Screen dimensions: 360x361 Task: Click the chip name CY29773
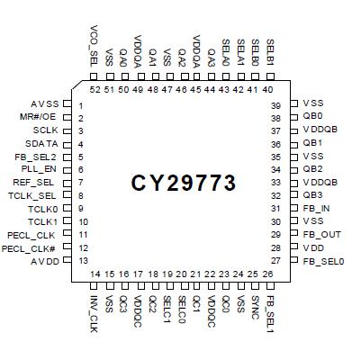[x=184, y=184]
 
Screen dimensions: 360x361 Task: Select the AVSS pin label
[x=44, y=105]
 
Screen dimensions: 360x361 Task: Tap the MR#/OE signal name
[x=39, y=118]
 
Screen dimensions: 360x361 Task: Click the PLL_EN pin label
[x=40, y=169]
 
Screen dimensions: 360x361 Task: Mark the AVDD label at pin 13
[x=43, y=260]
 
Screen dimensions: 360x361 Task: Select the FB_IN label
[x=315, y=208]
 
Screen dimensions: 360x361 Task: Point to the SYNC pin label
[x=255, y=305]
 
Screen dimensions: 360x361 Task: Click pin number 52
[x=95, y=90]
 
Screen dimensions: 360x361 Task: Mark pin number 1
[x=81, y=105]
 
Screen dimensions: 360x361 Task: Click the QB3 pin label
[x=312, y=195]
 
